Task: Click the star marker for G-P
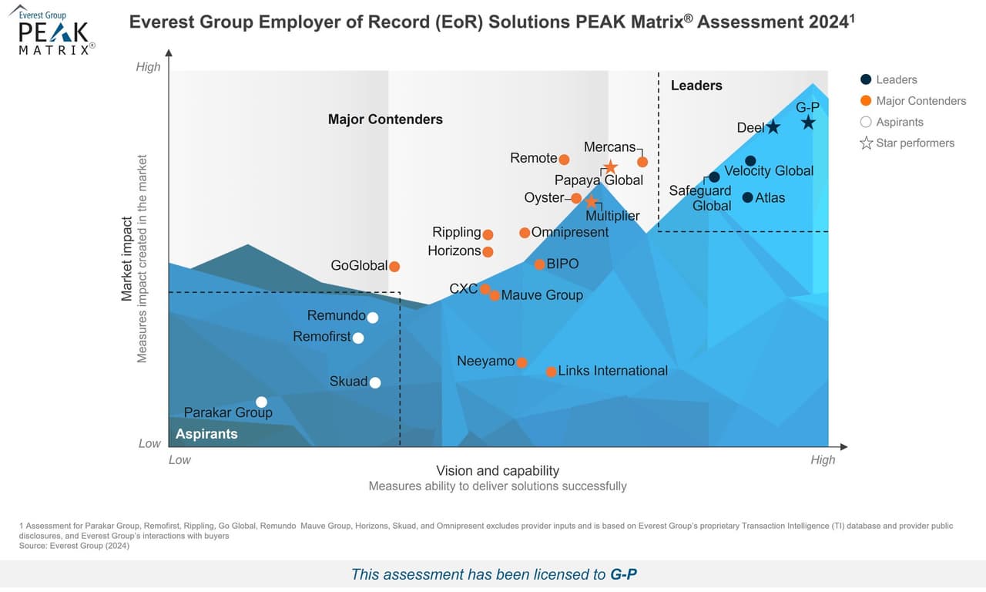tap(807, 123)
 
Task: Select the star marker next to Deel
tap(773, 127)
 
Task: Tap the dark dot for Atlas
tap(747, 197)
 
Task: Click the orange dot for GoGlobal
tap(394, 267)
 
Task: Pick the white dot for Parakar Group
tap(261, 402)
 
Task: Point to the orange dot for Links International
tap(552, 372)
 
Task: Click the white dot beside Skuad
tap(375, 382)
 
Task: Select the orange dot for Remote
tap(564, 160)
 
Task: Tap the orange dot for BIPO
tap(540, 264)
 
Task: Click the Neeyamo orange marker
tap(522, 362)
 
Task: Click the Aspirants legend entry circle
tap(866, 122)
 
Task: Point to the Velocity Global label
tap(769, 171)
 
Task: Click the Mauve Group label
tap(542, 295)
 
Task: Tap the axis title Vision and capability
tap(498, 471)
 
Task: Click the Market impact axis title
tap(127, 258)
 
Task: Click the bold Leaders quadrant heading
tap(696, 86)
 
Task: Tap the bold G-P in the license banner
tap(623, 574)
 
